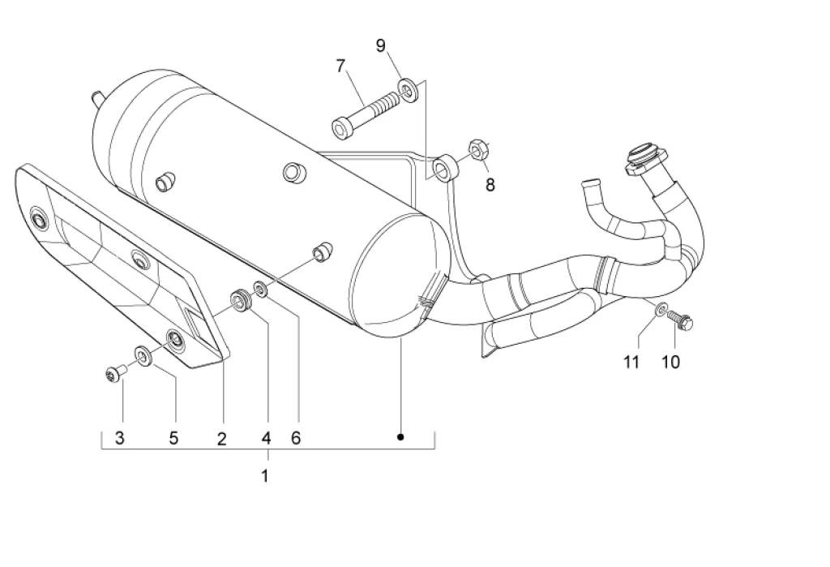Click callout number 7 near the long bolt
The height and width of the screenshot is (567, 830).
coord(340,66)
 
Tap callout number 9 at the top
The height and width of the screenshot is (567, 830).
coord(381,46)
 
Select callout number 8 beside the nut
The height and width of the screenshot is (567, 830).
coord(490,185)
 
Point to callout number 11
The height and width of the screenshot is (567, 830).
coord(631,363)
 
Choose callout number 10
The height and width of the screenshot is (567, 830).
coord(670,363)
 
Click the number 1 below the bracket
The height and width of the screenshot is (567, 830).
coord(265,476)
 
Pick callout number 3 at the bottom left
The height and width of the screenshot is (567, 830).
coord(120,438)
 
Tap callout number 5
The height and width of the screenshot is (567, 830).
coord(173,438)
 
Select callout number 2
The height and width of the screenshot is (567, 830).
coord(222,439)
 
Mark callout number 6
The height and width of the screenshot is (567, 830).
coord(296,438)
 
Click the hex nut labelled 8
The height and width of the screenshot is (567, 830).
coord(478,150)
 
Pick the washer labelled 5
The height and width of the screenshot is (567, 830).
coord(143,355)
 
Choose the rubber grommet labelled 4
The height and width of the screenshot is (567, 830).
coord(242,300)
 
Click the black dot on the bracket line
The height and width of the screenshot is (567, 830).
coord(400,437)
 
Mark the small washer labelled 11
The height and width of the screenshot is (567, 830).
coord(661,309)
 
